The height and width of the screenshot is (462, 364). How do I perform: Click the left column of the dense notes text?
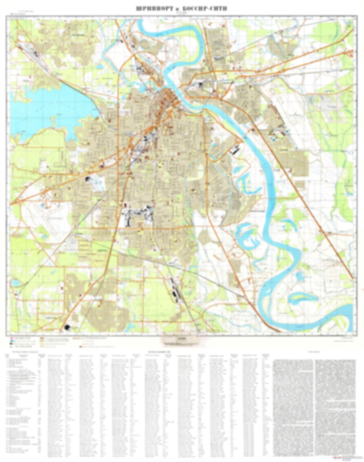293,403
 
